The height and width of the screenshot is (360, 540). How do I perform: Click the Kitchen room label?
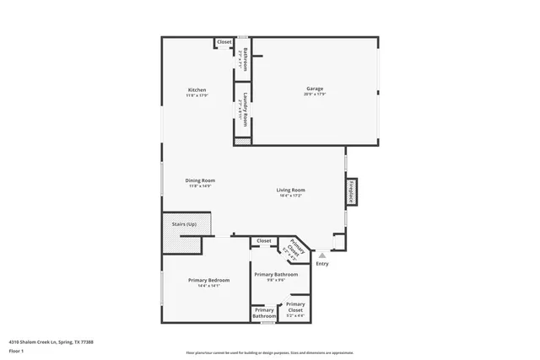[x=197, y=90]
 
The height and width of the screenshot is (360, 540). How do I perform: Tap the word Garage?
[x=315, y=89]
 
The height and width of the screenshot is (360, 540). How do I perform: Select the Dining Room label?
[x=201, y=180]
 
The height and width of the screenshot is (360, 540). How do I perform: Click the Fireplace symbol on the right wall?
[x=351, y=191]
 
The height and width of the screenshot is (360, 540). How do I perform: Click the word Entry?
[x=322, y=264]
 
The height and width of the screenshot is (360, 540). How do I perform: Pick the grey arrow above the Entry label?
[x=321, y=254]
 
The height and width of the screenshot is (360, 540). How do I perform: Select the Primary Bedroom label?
[x=202, y=280]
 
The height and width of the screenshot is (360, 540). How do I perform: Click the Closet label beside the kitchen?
[x=224, y=42]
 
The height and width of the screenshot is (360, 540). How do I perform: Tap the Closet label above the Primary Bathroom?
[x=264, y=241]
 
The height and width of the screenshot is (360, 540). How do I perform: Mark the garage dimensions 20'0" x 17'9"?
[x=315, y=95]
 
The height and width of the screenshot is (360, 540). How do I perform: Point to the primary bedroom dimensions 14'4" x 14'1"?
[x=202, y=286]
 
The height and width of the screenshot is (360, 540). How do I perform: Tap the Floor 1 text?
[x=16, y=351]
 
